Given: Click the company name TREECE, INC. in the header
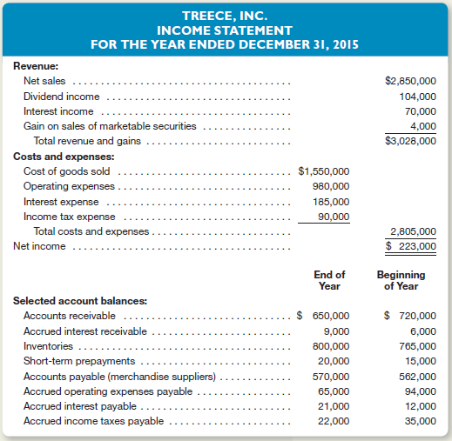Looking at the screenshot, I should [x=226, y=16].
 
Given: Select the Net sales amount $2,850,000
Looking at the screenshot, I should [x=409, y=81].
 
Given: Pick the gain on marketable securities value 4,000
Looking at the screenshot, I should [x=423, y=126].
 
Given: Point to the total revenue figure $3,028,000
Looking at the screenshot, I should [x=409, y=141].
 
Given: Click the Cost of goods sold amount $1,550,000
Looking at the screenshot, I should [x=323, y=171].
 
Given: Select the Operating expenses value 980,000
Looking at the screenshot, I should [x=331, y=186].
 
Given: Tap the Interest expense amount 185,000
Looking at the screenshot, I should [x=331, y=202].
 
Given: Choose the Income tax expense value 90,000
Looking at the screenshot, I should [x=334, y=217].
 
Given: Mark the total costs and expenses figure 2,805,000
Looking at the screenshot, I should [x=415, y=231].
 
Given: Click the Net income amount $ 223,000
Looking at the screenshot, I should [x=411, y=246].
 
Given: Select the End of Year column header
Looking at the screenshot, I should [x=328, y=280].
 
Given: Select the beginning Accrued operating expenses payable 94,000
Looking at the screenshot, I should [x=420, y=391].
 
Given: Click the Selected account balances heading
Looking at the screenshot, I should [x=79, y=300].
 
